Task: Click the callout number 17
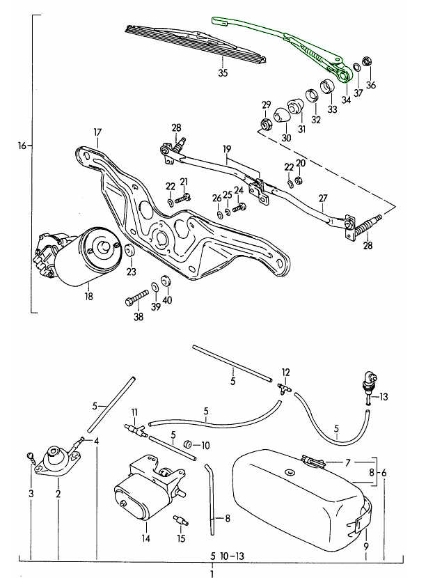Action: (x=97, y=132)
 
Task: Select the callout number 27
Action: (x=322, y=198)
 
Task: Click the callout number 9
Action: (x=366, y=546)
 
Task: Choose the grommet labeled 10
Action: (x=187, y=444)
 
